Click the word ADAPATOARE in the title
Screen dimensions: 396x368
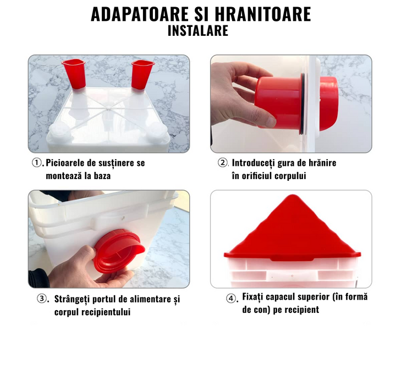coord(140,14)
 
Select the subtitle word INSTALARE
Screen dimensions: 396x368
coord(198,31)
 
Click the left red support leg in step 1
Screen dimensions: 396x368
coord(74,74)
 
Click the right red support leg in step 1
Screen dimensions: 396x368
coord(142,74)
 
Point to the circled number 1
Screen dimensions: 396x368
coord(37,163)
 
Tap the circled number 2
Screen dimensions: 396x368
coord(223,163)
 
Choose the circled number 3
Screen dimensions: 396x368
coord(42,299)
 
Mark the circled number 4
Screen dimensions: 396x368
coord(231,298)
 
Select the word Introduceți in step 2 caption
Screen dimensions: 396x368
coord(254,163)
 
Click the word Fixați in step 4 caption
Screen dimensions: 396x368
coord(253,297)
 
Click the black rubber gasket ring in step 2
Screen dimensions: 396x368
coord(303,104)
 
